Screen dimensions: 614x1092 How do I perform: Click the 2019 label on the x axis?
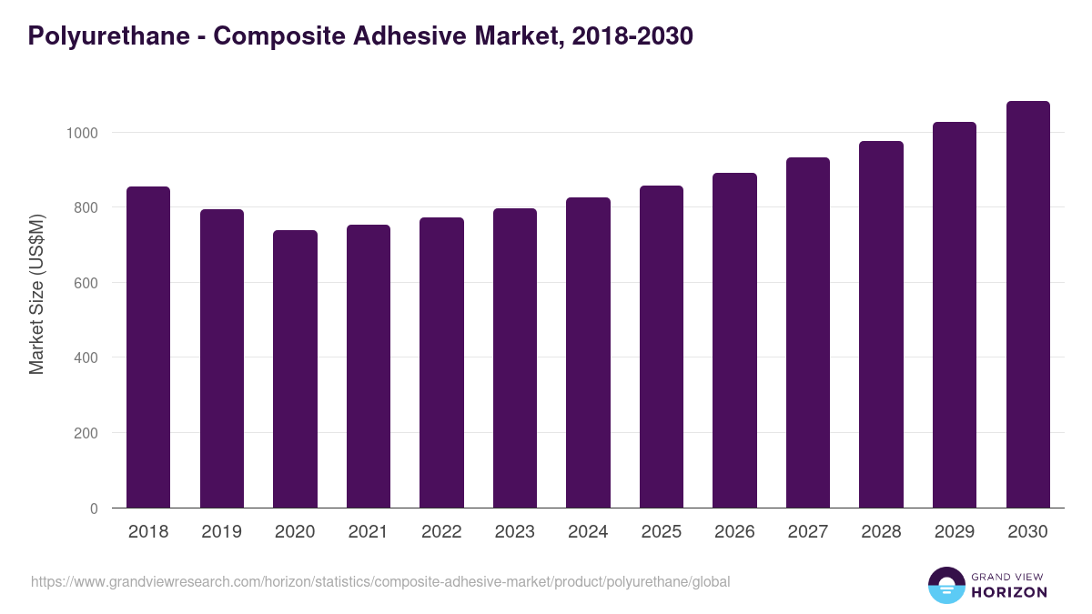point(221,532)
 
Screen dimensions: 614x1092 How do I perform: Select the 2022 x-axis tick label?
point(441,532)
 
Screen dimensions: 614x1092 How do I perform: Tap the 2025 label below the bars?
point(661,532)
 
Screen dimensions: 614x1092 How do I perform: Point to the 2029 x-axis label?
point(955,532)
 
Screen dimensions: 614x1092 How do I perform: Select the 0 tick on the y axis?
point(94,508)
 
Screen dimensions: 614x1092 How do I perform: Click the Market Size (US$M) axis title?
point(36,294)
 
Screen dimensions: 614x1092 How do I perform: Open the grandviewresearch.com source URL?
point(380,581)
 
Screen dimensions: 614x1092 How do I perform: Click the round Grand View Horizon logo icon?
point(945,585)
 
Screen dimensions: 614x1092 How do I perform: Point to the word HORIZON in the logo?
point(1009,592)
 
